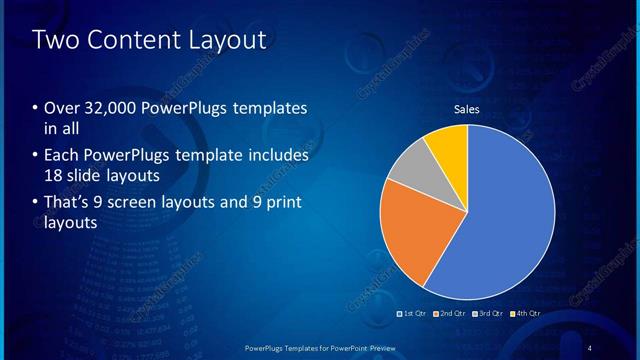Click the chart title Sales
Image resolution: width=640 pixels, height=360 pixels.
tap(467, 108)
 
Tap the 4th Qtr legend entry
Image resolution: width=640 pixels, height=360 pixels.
tap(528, 314)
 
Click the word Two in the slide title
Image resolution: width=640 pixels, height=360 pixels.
tap(56, 41)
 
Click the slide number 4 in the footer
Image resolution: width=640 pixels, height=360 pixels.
tap(591, 347)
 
